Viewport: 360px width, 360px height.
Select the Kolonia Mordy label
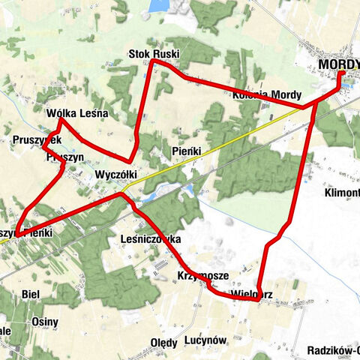pos(266,95)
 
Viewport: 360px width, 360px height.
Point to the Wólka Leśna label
pos(77,113)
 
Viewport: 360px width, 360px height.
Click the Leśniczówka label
pos(151,238)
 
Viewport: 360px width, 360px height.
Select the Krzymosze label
pos(198,275)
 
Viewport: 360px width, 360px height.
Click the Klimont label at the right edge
pos(342,192)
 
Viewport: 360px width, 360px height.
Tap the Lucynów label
pos(204,340)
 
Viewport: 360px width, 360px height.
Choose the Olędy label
pos(164,342)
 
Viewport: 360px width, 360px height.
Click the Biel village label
pos(31,293)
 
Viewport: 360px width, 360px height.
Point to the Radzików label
pos(334,349)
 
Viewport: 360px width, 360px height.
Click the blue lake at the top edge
pos(158,6)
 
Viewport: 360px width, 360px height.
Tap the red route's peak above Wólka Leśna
pos(60,119)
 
